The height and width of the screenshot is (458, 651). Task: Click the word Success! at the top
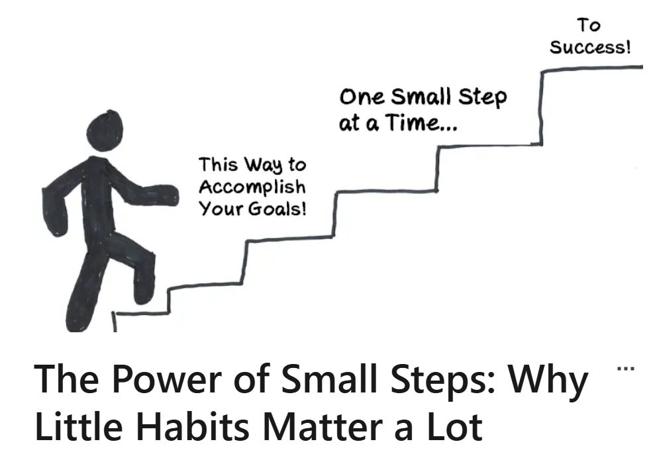(x=590, y=47)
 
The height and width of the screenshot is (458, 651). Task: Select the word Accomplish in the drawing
(x=252, y=187)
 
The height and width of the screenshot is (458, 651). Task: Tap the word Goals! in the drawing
(x=277, y=208)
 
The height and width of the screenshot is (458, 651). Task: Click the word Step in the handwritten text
(x=482, y=98)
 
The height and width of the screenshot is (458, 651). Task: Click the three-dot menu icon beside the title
(x=626, y=368)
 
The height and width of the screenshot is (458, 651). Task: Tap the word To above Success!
(x=588, y=25)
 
